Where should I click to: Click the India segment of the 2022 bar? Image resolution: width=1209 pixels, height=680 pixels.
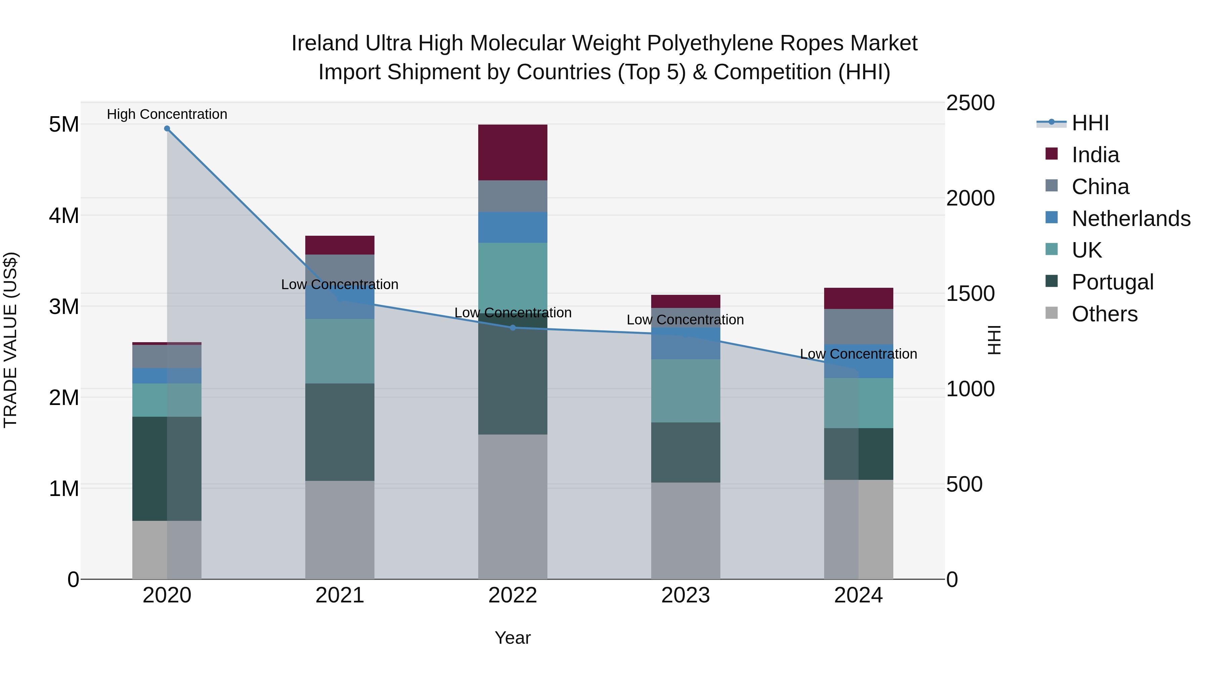pos(512,152)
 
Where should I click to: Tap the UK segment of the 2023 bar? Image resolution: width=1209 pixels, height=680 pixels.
pos(685,391)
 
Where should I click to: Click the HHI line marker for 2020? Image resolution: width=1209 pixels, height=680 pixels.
pos(167,129)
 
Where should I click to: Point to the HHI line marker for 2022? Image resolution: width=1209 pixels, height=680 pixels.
pos(512,327)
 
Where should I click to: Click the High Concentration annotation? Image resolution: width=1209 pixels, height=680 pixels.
pos(167,114)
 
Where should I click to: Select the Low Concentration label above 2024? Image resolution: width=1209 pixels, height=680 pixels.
pos(858,354)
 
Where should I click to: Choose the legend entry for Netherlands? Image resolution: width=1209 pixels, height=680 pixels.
pos(1130,219)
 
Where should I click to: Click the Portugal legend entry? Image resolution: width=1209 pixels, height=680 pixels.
pos(1112,282)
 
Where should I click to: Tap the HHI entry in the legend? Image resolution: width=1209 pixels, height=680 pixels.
pos(1090,123)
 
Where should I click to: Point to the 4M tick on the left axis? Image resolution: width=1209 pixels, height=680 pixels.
pos(64,216)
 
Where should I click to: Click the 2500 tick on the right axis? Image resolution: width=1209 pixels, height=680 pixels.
pos(970,103)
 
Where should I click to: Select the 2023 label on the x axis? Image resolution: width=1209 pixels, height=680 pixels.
pos(685,595)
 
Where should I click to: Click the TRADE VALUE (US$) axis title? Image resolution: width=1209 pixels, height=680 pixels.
pos(10,340)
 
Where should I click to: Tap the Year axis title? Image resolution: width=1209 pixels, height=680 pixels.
pos(512,638)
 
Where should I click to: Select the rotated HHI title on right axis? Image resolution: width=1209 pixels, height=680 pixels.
pos(994,340)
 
